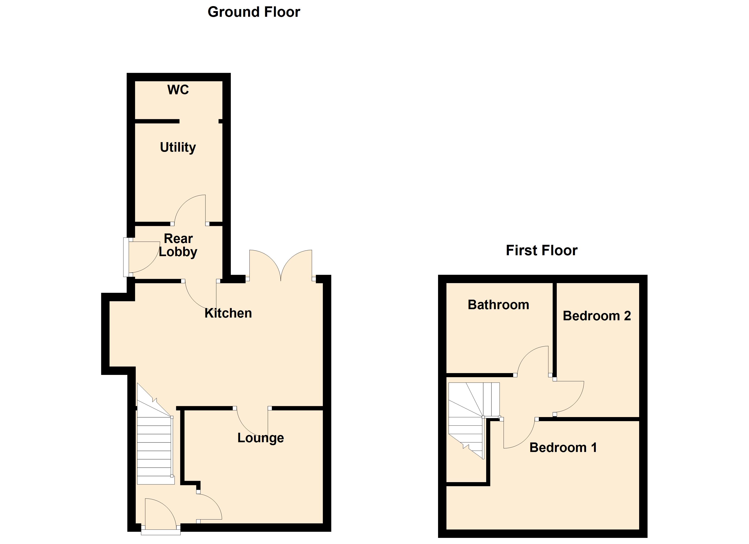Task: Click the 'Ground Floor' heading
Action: coord(254,12)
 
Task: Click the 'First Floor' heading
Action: coord(541,250)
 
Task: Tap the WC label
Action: coord(178,90)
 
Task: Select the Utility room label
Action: coord(178,147)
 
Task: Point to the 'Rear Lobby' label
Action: coord(178,245)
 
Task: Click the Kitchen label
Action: coord(228,313)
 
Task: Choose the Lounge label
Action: coord(261,438)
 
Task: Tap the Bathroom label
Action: coord(498,305)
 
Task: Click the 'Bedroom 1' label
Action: coord(563,448)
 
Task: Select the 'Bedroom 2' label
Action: coord(597,316)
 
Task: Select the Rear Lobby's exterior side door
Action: coord(142,257)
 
